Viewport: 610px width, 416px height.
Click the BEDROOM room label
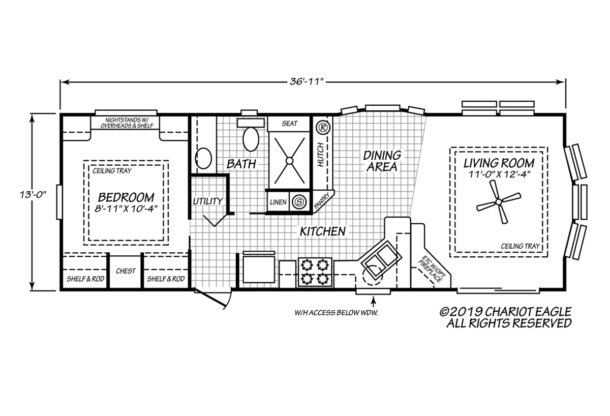coord(126,197)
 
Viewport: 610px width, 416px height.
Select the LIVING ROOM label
coord(499,163)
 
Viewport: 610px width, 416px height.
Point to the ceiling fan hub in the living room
coord(499,202)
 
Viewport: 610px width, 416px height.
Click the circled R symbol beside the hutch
coord(323,127)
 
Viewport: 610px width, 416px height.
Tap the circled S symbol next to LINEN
coord(299,202)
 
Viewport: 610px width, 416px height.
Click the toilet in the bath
coord(251,135)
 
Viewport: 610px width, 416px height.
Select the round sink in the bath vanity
coord(203,158)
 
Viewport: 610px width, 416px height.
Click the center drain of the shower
coord(289,161)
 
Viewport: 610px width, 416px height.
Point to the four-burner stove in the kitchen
coord(315,272)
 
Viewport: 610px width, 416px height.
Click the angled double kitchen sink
coord(381,259)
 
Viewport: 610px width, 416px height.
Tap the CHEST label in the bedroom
coord(126,271)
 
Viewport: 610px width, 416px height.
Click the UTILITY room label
coord(208,201)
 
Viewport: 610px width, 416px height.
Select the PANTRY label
coord(322,201)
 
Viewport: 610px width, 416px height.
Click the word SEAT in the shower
coord(289,124)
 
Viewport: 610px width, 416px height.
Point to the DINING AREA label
coord(382,161)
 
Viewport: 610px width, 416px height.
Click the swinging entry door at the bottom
coord(212,299)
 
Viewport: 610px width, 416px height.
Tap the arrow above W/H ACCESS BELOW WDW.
coord(374,302)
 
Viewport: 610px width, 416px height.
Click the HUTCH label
coord(321,155)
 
